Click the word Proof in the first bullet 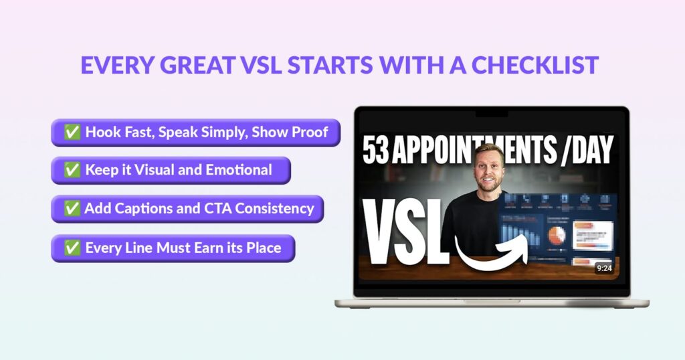tap(309, 132)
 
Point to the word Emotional tap(239, 170)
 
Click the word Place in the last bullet tap(263, 248)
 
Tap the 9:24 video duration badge tap(603, 268)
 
